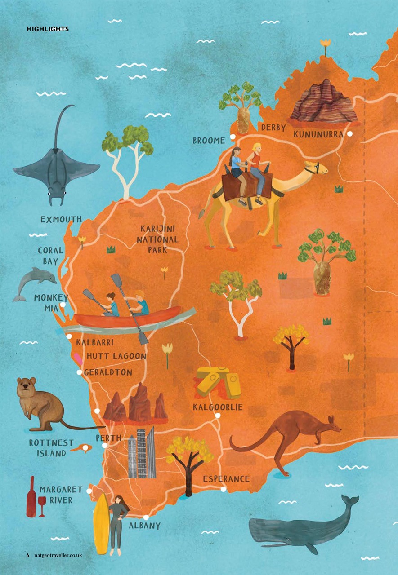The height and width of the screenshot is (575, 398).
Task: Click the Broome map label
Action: coord(209,141)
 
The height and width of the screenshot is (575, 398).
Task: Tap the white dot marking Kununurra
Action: coord(349,134)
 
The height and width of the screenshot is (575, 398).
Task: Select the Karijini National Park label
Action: coord(157,239)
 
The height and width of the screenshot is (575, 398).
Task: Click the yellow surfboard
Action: coord(101,523)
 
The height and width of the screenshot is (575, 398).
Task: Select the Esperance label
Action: coord(226,479)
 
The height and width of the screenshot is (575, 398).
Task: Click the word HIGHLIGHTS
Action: coord(48,29)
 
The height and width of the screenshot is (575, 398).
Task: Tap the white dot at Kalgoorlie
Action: coord(218,416)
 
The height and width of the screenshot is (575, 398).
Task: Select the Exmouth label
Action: coord(61,220)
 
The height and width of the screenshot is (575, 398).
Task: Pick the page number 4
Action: coord(27,555)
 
